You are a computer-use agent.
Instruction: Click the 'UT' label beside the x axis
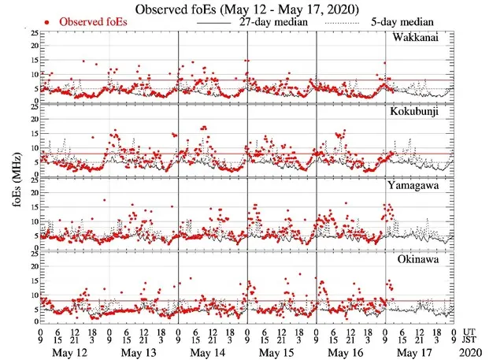pyautogui.click(x=471, y=332)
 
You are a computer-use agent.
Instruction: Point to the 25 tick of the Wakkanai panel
pyautogui.click(x=32, y=34)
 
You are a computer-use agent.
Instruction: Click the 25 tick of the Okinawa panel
pyautogui.click(x=32, y=253)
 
